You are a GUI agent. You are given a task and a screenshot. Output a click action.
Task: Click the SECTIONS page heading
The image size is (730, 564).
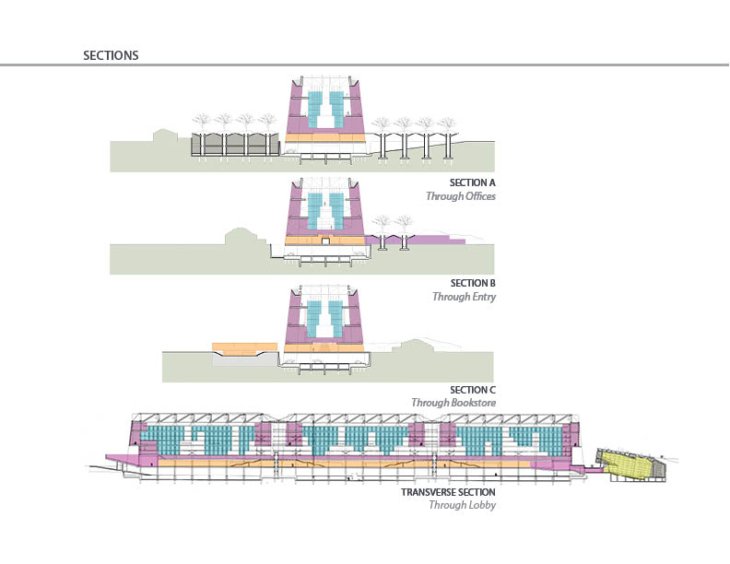click(111, 55)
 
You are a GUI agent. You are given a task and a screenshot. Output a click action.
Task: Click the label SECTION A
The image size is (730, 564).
click(473, 182)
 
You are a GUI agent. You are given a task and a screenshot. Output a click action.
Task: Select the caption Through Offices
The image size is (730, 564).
click(460, 196)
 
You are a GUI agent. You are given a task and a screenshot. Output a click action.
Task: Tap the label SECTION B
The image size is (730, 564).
click(473, 283)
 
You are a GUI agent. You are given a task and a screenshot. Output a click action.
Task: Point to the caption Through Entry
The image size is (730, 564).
click(465, 297)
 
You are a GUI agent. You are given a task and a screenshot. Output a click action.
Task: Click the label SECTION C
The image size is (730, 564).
click(473, 390)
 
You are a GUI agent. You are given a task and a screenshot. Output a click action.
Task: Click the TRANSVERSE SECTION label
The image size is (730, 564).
click(448, 492)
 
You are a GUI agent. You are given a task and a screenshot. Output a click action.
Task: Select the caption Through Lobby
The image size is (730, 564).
click(462, 505)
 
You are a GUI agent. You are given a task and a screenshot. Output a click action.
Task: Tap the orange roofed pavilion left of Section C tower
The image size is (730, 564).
click(243, 349)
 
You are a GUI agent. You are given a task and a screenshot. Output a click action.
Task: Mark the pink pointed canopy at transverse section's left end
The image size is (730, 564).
click(120, 457)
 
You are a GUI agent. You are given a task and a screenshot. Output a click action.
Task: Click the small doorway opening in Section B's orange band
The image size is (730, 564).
click(325, 241)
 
